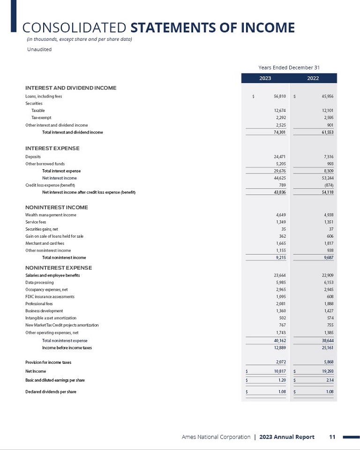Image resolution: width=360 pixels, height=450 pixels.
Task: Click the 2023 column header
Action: pos(265,78)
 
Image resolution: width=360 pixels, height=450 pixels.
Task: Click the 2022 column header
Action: pos(313,78)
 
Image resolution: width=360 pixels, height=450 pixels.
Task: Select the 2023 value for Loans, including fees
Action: pos(279,97)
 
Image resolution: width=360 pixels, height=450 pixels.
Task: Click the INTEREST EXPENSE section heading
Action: pos(52,148)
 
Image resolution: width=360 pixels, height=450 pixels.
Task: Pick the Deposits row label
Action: pos(33,156)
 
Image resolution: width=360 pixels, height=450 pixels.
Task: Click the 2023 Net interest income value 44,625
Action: pos(279,178)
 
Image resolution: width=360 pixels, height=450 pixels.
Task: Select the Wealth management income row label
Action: pos(51,215)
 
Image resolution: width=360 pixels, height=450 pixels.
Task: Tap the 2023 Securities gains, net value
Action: pos(283,229)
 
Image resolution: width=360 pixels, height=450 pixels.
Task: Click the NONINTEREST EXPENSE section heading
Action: pos(59,268)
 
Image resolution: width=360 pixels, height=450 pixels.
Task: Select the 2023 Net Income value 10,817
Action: pos(279,371)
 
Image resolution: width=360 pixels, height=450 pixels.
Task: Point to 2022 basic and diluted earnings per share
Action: pos(328,380)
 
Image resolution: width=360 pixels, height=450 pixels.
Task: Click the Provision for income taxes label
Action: pos(48,362)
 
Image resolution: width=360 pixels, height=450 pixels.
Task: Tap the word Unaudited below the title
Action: pos(39,49)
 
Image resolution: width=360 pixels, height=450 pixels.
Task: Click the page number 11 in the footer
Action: pos(332,437)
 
